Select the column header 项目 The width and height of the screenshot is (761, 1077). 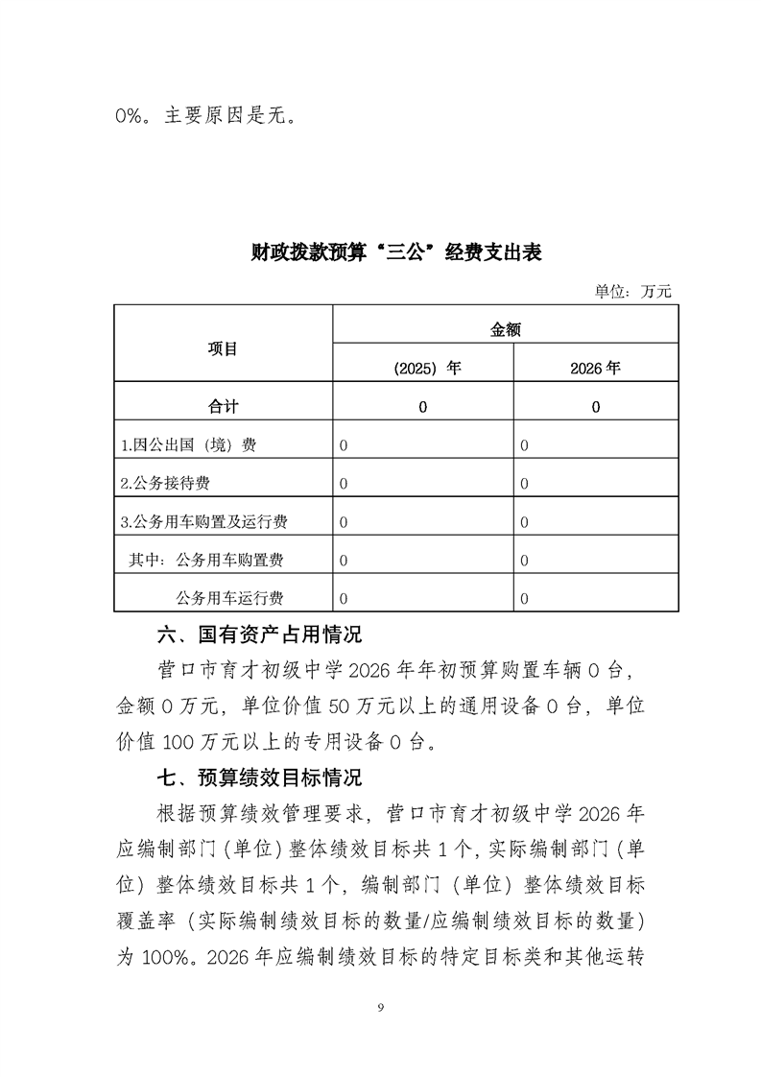point(223,348)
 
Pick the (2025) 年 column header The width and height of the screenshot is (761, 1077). point(422,368)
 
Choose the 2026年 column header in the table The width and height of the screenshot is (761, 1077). point(595,368)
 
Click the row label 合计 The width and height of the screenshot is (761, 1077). point(223,406)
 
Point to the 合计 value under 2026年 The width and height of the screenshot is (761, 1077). point(596,407)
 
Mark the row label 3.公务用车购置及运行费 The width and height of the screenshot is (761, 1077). point(204,522)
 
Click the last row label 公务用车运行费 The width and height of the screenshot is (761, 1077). point(230,598)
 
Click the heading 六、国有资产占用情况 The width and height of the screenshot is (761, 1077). point(259,634)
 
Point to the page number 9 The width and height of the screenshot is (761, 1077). point(381,1006)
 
